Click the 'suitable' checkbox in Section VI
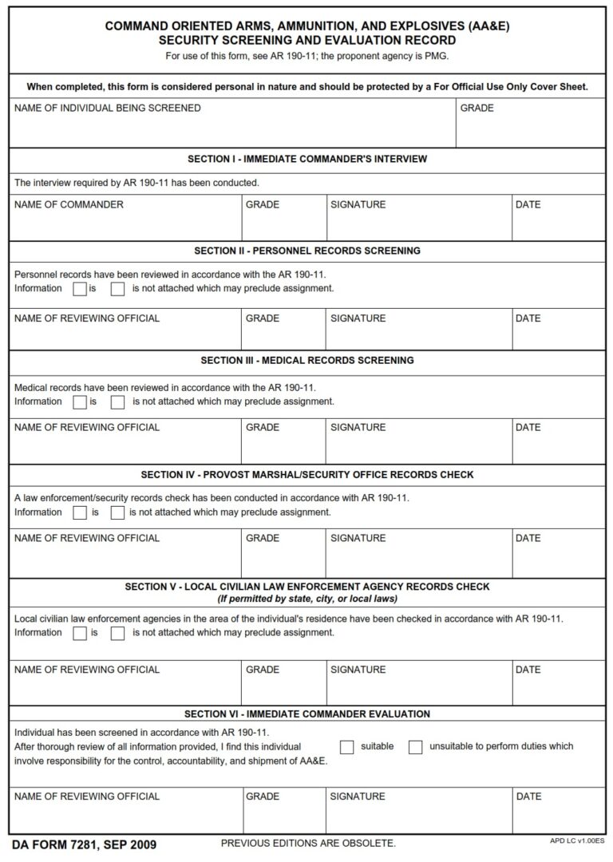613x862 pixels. (347, 747)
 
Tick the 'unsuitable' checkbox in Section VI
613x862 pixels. (415, 747)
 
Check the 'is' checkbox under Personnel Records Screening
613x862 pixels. (80, 289)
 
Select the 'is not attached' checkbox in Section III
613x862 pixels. (118, 402)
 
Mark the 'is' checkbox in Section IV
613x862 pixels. (80, 512)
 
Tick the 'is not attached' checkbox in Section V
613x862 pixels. (118, 633)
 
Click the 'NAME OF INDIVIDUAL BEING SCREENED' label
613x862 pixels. (107, 109)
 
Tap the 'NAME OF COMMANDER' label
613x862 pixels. (69, 205)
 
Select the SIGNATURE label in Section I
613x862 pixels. (358, 205)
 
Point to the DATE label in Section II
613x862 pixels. (528, 318)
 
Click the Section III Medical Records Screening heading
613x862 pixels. (306, 361)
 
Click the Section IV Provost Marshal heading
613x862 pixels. (306, 475)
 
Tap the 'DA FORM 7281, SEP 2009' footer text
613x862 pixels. (84, 845)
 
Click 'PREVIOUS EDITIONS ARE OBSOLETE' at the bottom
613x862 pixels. (307, 844)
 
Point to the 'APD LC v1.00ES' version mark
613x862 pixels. (577, 841)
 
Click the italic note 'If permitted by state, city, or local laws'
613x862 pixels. (307, 599)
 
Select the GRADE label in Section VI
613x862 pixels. (262, 797)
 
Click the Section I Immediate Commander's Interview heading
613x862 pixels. (306, 159)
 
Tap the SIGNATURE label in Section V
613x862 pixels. (358, 670)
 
